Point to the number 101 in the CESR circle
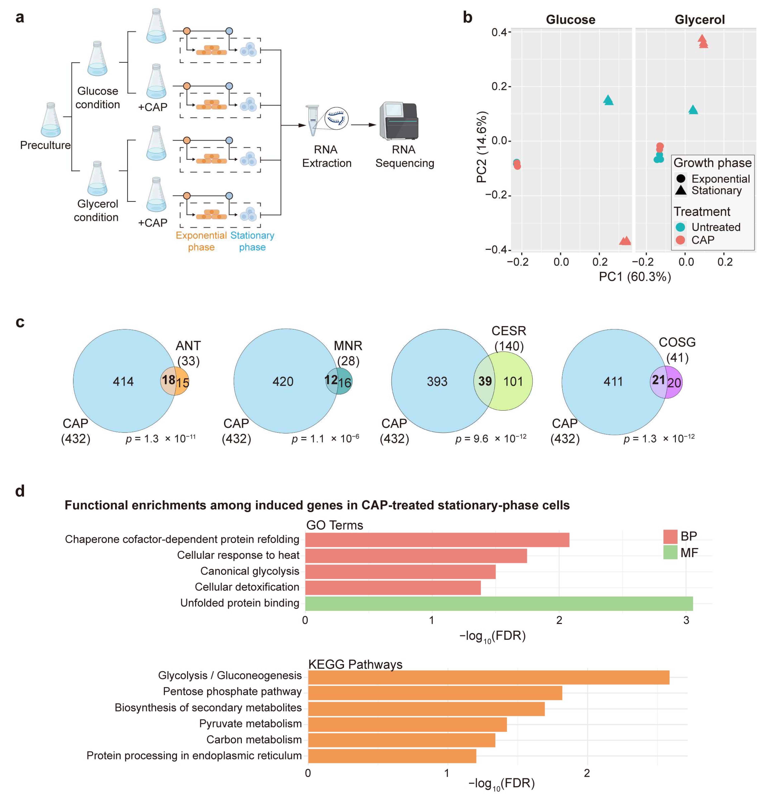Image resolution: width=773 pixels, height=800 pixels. click(513, 382)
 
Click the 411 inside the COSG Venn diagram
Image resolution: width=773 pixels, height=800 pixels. click(613, 382)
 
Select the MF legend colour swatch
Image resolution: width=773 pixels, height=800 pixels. click(670, 553)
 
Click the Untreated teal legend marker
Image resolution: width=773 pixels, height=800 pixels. click(680, 227)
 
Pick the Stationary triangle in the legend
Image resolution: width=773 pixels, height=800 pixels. click(680, 190)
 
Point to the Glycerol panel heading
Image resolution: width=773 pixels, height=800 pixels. click(700, 20)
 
